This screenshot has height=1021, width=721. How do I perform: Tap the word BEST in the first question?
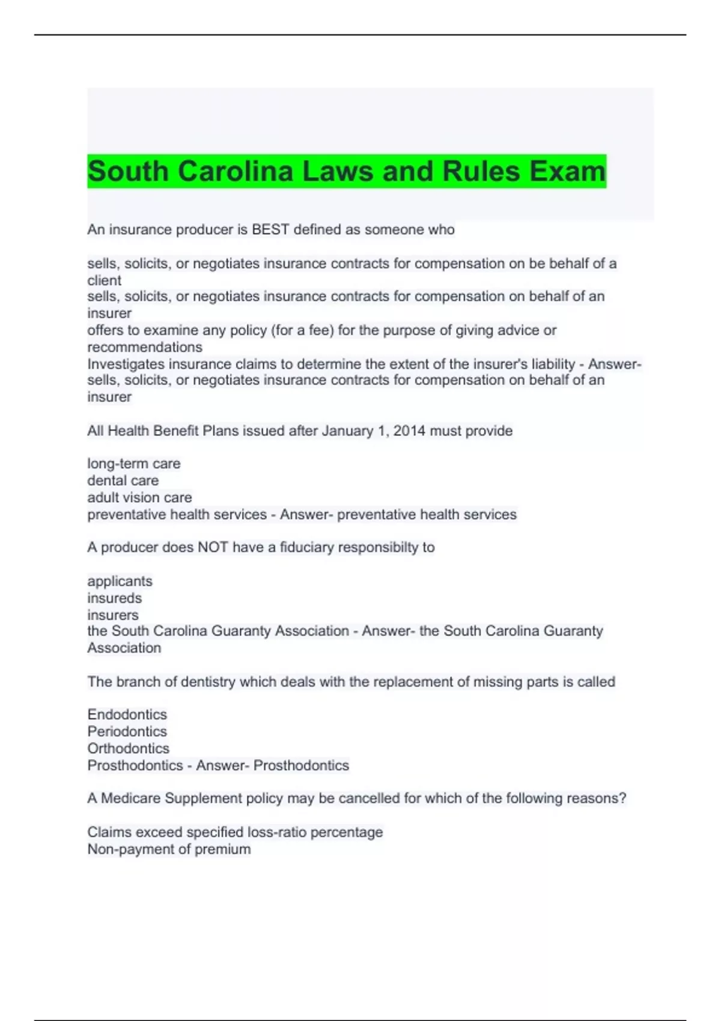tap(270, 229)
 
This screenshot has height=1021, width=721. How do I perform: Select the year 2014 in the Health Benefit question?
tap(408, 431)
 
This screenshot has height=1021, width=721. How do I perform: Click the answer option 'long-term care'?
tap(134, 464)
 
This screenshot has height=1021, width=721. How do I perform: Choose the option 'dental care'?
tap(123, 480)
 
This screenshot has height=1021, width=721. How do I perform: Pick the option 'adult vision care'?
tap(139, 497)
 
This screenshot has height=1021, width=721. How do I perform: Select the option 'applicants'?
tap(120, 581)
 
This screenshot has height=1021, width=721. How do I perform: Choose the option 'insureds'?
tap(115, 598)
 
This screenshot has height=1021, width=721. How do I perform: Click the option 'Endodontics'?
tap(127, 714)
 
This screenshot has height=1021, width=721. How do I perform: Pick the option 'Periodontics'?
tap(127, 732)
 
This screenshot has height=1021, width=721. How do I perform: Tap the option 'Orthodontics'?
tap(129, 748)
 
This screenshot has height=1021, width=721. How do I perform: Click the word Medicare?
tap(130, 798)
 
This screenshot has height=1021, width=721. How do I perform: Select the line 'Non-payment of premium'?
tap(169, 849)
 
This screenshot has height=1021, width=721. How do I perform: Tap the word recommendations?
tap(145, 347)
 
